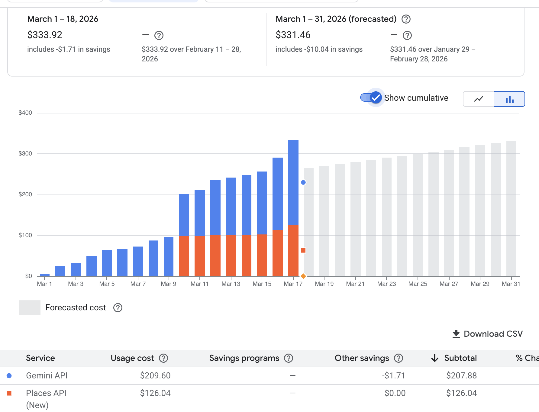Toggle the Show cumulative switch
click(x=371, y=98)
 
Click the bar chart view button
click(x=509, y=99)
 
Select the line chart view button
click(x=479, y=99)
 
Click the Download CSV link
click(x=487, y=334)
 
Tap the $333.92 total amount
click(x=45, y=35)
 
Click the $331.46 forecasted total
click(x=293, y=35)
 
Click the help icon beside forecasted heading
click(x=406, y=19)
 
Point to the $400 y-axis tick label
click(x=25, y=113)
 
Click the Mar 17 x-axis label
click(x=293, y=284)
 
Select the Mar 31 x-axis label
click(x=511, y=284)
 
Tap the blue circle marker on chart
click(x=303, y=182)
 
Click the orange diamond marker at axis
click(x=303, y=276)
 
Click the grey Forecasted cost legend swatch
click(x=30, y=308)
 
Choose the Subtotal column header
click(x=460, y=358)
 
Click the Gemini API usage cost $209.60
click(x=155, y=376)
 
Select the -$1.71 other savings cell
click(x=393, y=376)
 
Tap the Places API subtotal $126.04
click(x=461, y=393)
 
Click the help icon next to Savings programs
click(x=289, y=358)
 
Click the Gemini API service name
click(x=47, y=376)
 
